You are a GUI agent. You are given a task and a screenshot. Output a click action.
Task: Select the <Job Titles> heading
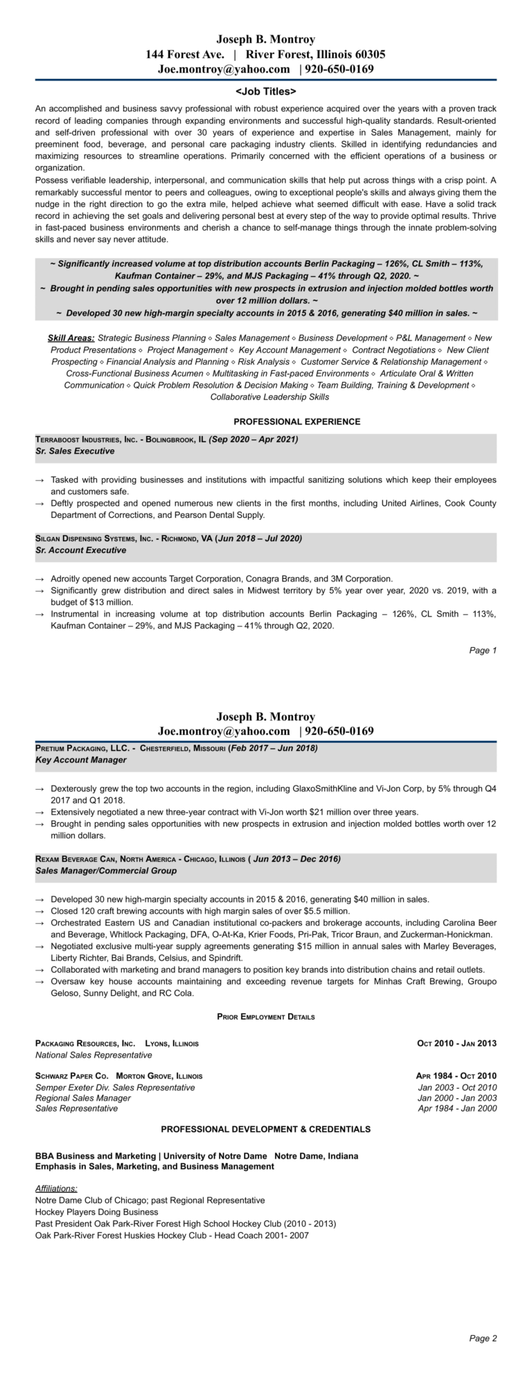point(266,91)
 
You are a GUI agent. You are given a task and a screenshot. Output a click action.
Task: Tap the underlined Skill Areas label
point(71,338)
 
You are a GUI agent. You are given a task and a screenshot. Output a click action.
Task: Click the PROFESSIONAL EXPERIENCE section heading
point(296,422)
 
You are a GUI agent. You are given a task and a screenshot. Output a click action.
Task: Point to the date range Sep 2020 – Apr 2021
point(254,439)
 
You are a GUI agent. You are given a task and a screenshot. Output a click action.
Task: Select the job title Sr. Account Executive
point(80,550)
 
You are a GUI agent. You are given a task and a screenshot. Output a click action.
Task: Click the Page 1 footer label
point(483,650)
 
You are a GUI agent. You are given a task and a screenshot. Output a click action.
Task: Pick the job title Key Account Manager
point(80,759)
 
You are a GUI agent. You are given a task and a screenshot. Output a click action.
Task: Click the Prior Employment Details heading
point(266,1017)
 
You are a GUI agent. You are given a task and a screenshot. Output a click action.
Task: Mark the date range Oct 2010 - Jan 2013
point(456,1043)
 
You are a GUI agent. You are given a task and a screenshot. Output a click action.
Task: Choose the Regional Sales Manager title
point(83,1098)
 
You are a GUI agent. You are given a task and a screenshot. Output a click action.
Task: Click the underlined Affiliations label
point(56,1188)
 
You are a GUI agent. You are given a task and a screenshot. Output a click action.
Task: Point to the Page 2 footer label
point(483,1358)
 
